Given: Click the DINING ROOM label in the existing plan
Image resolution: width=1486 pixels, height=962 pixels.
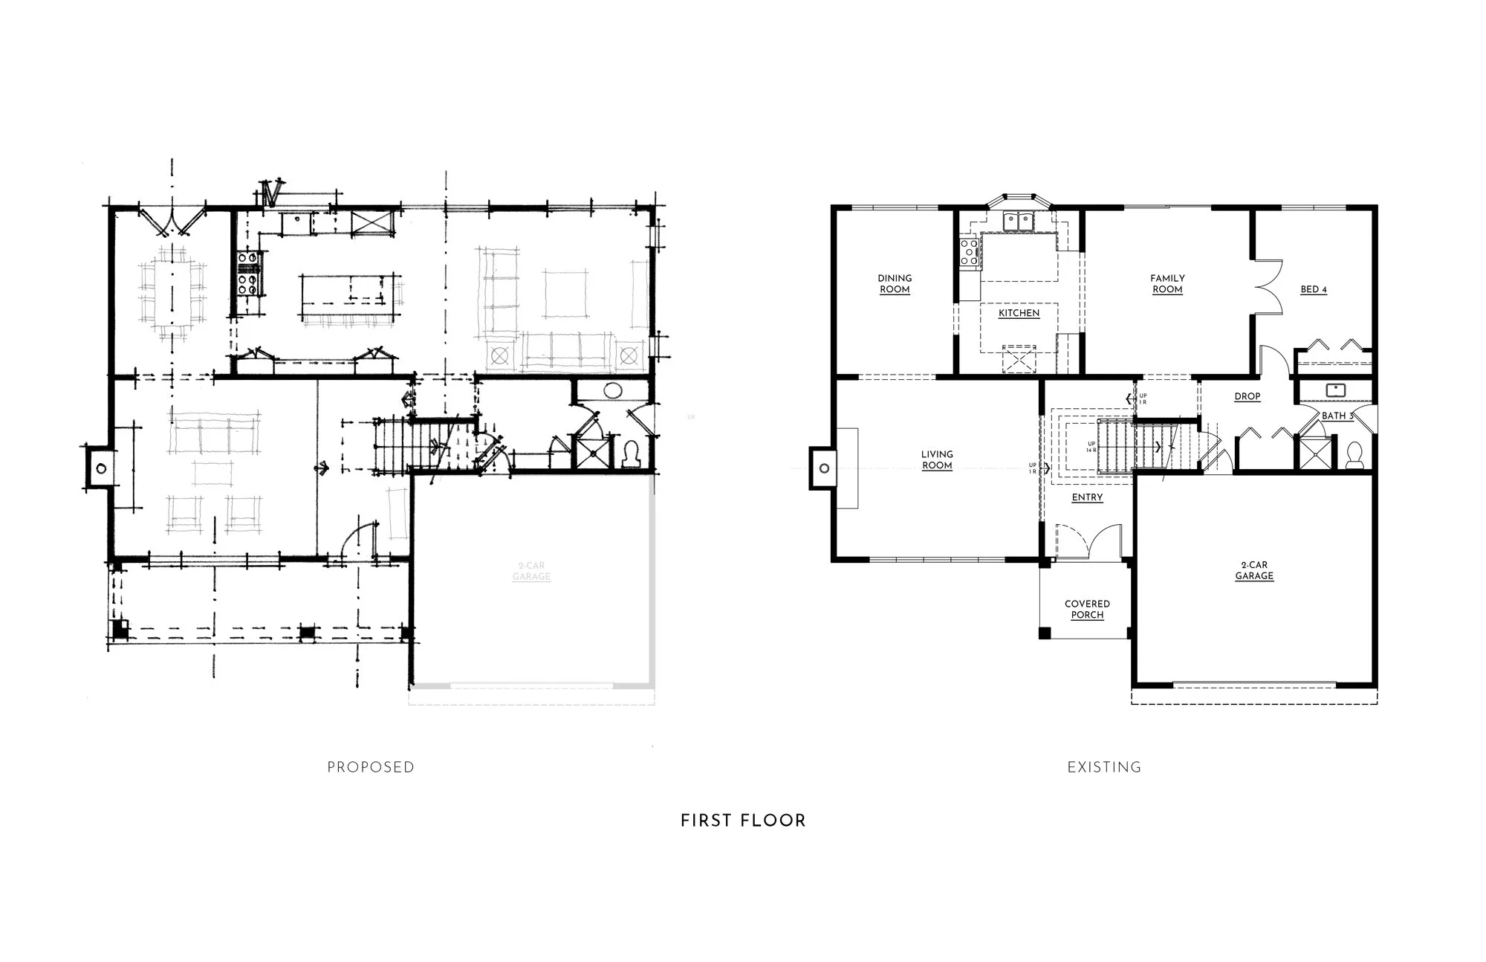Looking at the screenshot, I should tap(895, 283).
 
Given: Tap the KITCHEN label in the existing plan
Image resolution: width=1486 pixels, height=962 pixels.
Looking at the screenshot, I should tap(1019, 313).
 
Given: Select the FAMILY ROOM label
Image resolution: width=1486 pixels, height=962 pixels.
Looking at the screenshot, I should tap(1167, 284).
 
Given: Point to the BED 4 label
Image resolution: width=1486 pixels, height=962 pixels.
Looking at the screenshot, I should tap(1314, 289).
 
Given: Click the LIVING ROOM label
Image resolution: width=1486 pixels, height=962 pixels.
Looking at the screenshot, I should tap(937, 459).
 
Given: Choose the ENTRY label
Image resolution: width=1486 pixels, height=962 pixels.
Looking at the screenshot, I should tap(1087, 497).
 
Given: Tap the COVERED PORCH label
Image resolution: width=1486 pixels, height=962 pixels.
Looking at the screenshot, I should tap(1087, 609).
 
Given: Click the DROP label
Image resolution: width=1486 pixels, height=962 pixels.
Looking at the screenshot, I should tap(1247, 396).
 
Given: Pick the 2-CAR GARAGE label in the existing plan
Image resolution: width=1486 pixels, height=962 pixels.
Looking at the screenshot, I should tap(1254, 570).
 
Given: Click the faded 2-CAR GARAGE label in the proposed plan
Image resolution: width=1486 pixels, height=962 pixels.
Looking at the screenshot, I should tap(531, 571).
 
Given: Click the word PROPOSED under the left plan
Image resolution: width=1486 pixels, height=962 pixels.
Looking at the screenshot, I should tap(371, 767).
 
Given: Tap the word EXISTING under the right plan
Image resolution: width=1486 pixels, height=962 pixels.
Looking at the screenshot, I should tap(1104, 767).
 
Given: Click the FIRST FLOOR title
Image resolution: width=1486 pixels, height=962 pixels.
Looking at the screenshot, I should tap(743, 821).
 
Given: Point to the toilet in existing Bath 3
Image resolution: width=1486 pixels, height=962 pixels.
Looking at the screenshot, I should tap(1354, 454).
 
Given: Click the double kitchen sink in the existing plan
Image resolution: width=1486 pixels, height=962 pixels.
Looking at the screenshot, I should tap(1019, 221).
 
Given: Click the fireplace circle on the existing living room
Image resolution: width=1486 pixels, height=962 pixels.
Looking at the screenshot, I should tap(824, 468).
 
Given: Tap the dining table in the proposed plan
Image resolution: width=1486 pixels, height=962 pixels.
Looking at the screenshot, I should tap(172, 290).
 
